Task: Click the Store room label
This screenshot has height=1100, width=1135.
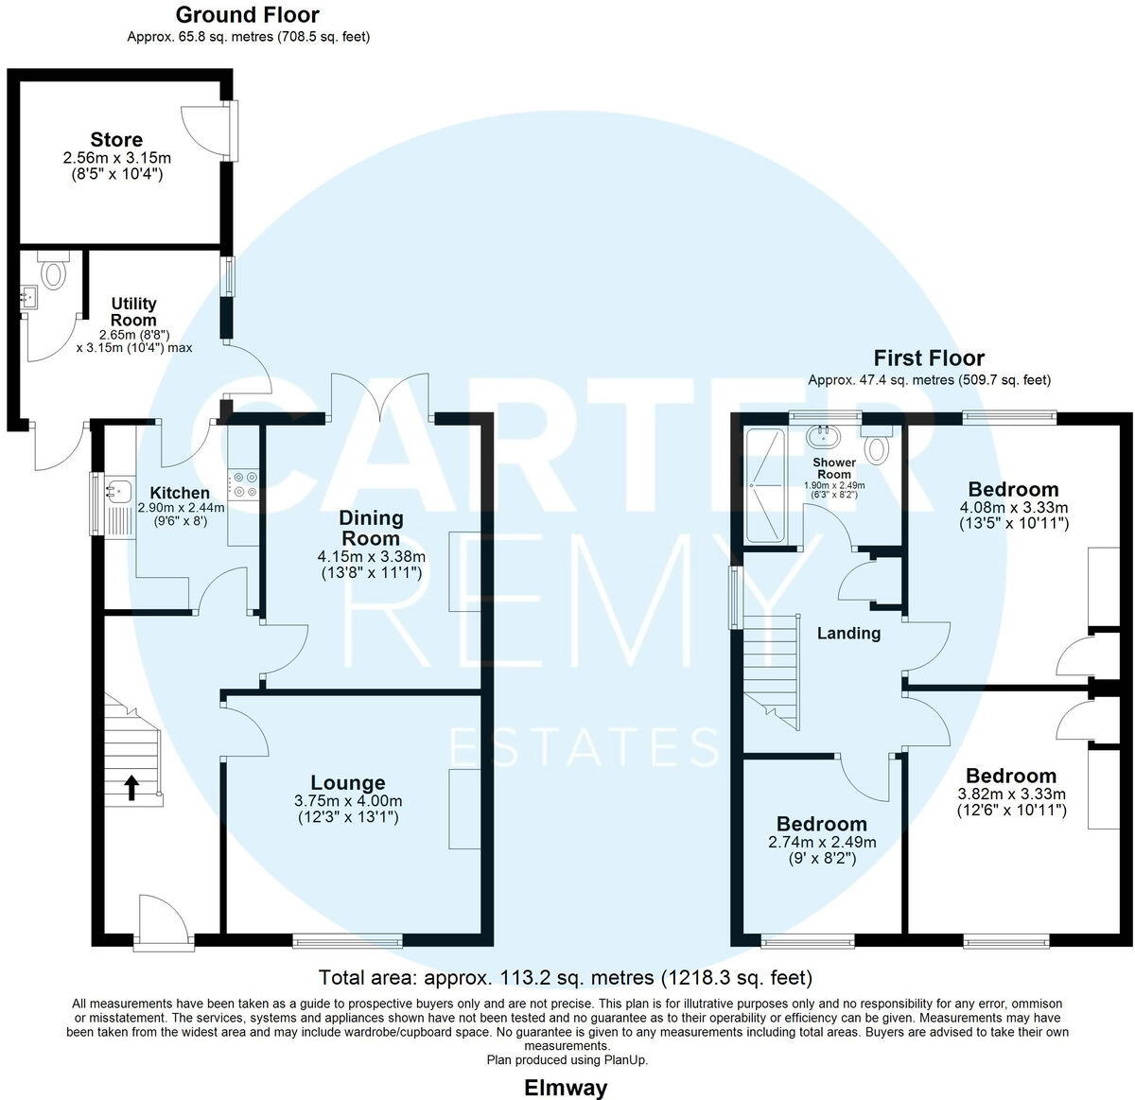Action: [x=117, y=140]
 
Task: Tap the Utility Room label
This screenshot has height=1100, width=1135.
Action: [x=133, y=312]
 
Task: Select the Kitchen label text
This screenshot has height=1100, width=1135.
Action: [x=181, y=493]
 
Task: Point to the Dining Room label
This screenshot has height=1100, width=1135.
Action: [x=371, y=528]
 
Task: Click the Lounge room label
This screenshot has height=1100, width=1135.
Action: [x=348, y=783]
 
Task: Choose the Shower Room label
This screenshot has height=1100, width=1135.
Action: [x=834, y=468]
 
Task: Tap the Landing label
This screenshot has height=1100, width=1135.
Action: [x=848, y=634]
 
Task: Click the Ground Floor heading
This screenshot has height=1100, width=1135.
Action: [x=248, y=15]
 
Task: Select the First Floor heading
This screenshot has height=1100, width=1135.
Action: [x=929, y=358]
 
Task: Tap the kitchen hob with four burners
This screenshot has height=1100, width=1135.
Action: [x=245, y=484]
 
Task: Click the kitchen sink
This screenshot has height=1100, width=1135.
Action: [x=119, y=490]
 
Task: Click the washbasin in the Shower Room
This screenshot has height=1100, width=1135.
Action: [x=825, y=437]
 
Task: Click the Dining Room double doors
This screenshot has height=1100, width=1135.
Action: [x=382, y=397]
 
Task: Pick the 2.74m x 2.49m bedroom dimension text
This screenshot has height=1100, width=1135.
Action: [x=822, y=842]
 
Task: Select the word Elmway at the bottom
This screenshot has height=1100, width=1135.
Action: [x=566, y=1088]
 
